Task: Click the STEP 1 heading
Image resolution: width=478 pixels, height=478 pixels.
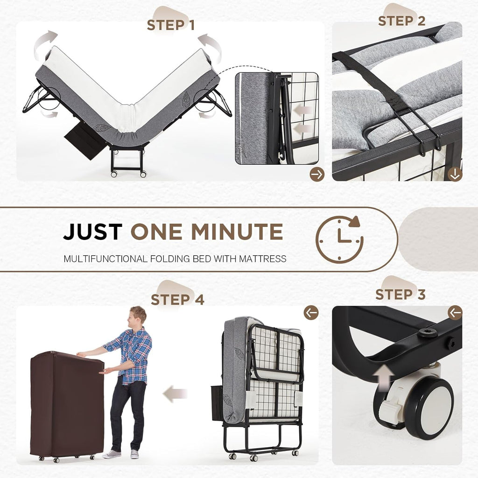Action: [170, 25]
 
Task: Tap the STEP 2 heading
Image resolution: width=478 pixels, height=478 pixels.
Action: [401, 21]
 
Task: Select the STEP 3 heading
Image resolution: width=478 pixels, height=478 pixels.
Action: [400, 295]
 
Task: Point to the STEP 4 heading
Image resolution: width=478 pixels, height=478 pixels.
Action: [177, 300]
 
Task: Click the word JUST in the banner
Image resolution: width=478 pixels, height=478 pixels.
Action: [92, 232]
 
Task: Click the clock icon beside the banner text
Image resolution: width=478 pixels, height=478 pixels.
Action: [339, 239]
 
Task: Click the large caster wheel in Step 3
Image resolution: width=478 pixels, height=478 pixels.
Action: [428, 408]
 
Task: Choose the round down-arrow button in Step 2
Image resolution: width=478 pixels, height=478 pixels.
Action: [455, 174]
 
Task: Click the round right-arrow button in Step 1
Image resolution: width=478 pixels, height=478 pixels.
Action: [316, 174]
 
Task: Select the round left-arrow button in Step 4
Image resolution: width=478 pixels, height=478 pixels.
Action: [311, 313]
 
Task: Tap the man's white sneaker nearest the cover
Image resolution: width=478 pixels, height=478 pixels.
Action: [112, 454]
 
